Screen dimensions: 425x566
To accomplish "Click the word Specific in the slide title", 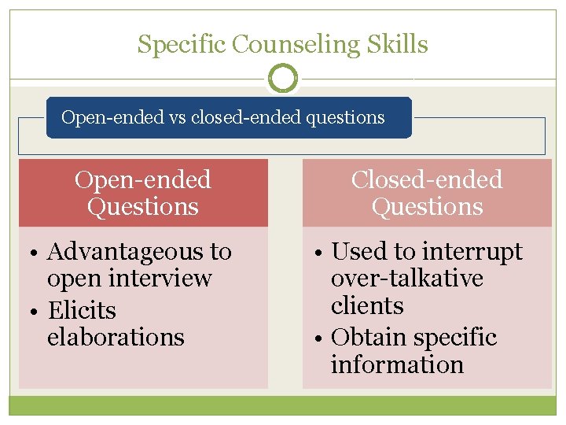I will pyautogui.click(x=182, y=45).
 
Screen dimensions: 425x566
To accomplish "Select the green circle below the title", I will pyautogui.click(x=283, y=78).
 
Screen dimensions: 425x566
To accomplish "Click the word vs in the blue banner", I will pyautogui.click(x=177, y=118).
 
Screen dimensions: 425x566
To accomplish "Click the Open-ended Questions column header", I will pyautogui.click(x=143, y=193).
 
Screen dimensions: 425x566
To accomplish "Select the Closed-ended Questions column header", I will pyautogui.click(x=427, y=193).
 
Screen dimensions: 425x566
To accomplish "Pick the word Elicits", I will pyautogui.click(x=82, y=310).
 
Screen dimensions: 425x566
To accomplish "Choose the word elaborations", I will pyautogui.click(x=116, y=337).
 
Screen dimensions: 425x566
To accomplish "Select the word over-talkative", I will pyautogui.click(x=406, y=279).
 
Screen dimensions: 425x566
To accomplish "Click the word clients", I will pyautogui.click(x=367, y=305).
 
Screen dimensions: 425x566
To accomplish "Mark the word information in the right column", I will pyautogui.click(x=397, y=364).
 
